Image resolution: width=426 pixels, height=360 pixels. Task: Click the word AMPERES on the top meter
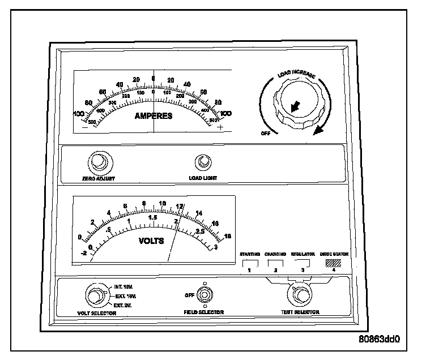click(x=154, y=117)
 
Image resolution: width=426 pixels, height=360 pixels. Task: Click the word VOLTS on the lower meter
click(x=151, y=241)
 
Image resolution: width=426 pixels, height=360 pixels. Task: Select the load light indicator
click(x=202, y=164)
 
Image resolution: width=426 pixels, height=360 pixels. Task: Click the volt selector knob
click(x=94, y=296)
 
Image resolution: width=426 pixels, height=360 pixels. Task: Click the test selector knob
click(x=300, y=295)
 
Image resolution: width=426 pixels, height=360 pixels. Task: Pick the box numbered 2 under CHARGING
click(x=275, y=262)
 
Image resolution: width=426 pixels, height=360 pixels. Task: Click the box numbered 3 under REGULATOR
click(x=303, y=262)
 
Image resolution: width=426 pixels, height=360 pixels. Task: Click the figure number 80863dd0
click(x=380, y=341)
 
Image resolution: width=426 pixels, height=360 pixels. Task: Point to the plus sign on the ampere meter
click(x=221, y=127)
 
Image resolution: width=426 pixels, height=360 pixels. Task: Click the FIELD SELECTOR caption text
click(x=203, y=312)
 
